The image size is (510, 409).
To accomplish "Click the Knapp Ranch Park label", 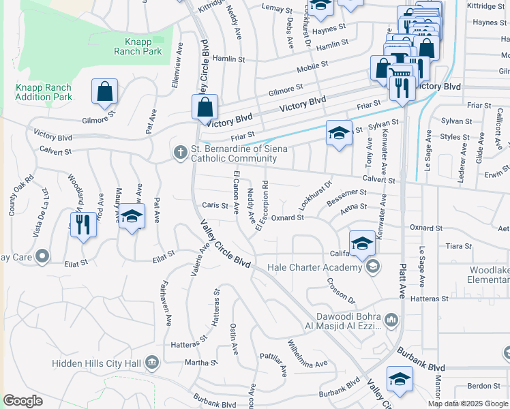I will pos(139,46).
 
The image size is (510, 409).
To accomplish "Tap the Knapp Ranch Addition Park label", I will pos(44,93).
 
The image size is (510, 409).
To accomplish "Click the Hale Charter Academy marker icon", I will pos(372,267).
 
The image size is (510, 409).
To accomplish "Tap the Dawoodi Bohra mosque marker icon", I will pos(391,320).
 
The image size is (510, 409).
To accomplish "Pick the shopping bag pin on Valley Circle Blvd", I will pos(205,106).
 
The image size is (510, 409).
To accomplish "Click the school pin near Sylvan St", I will pos(338,133).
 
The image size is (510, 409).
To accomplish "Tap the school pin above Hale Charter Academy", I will pos(362,242).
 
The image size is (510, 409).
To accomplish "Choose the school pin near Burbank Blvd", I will pos(400,380).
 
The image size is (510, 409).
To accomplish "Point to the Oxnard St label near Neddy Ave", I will pos(287,217).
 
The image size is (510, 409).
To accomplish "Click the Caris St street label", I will pos(214,205).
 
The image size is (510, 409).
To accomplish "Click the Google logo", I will pos(23,401).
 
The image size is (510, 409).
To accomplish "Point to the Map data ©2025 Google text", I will pos(468,404).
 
